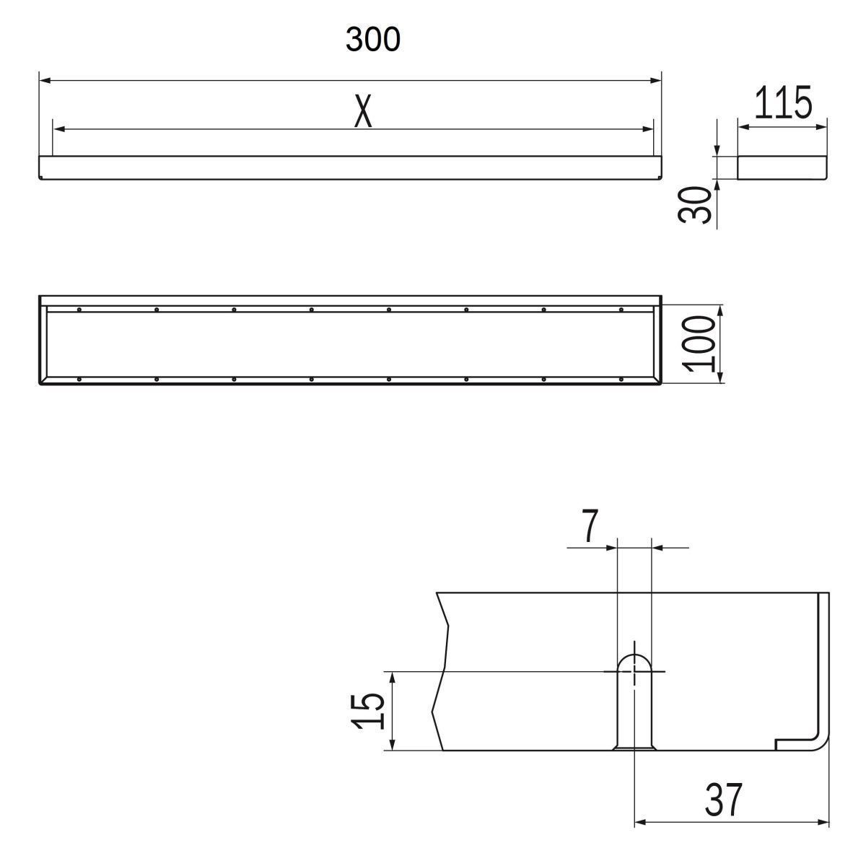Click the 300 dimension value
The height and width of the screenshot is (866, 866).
372,39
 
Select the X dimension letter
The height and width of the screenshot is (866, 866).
363,110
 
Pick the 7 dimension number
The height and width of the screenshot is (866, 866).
590,525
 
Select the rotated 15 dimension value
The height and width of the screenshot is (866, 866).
368,712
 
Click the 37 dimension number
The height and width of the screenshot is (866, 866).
724,800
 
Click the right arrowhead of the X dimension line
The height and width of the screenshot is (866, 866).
648,129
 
